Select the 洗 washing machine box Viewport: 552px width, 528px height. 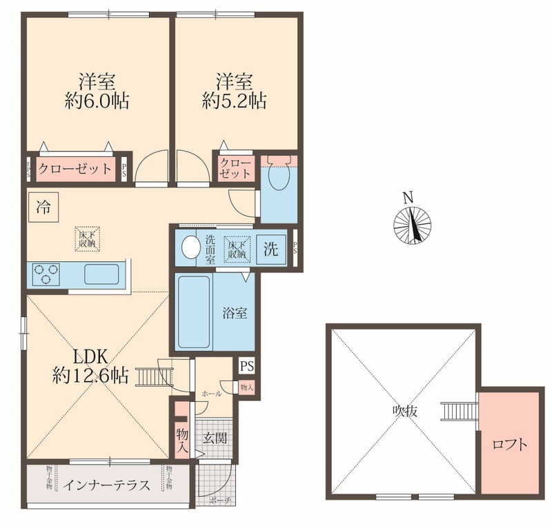click(x=272, y=250)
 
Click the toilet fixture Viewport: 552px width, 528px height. click(x=279, y=179)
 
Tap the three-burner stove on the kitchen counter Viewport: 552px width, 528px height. click(x=46, y=274)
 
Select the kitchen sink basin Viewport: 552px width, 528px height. click(x=103, y=274)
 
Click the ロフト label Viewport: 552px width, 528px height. click(x=509, y=445)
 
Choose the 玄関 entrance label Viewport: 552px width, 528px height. click(x=215, y=438)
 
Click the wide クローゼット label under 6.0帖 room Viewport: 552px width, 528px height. click(x=74, y=169)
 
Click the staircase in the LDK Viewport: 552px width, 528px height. click(x=150, y=377)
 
